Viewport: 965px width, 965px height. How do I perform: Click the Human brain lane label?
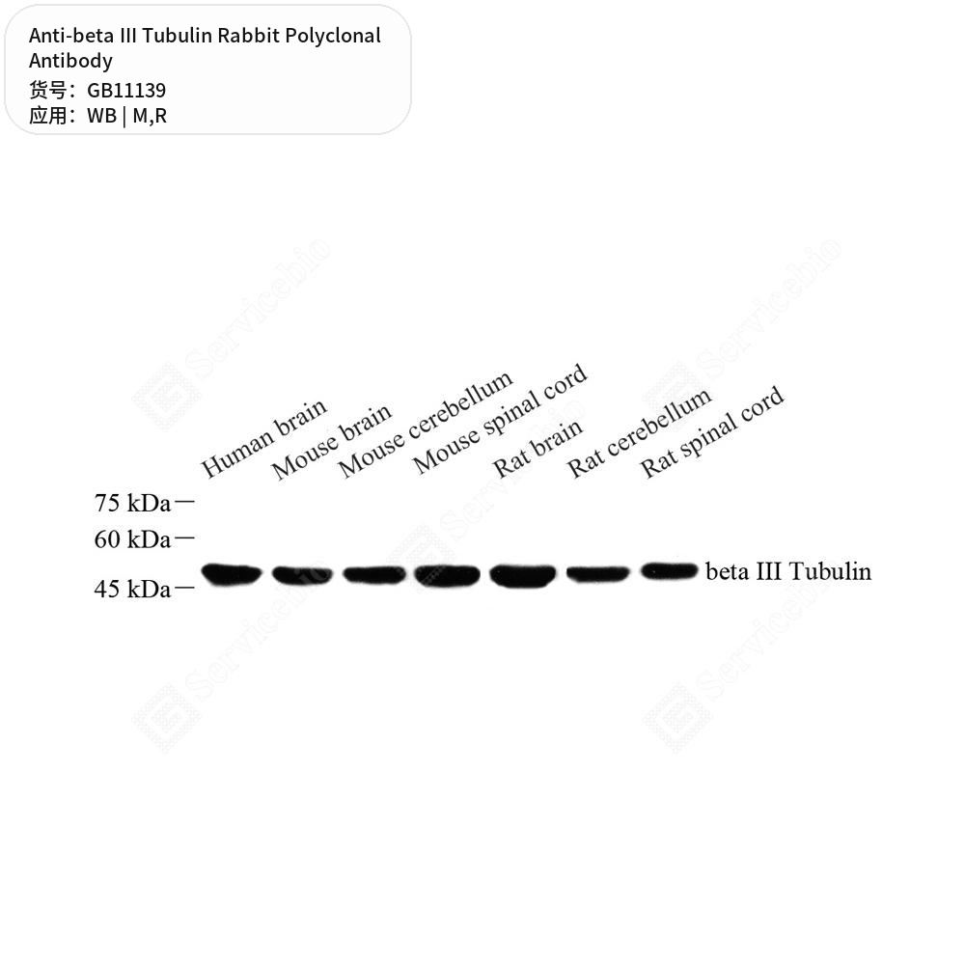point(263,437)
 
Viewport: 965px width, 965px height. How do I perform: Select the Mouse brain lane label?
point(331,441)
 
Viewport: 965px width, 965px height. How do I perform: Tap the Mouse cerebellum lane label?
point(426,424)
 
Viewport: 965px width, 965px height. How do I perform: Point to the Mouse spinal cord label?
point(500,419)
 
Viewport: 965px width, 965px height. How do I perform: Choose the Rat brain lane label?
point(538,448)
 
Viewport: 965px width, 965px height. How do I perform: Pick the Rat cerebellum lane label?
point(639,432)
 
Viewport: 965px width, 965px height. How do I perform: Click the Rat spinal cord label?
point(712,431)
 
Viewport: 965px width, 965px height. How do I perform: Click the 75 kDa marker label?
point(132,503)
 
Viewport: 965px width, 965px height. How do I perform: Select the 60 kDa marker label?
point(132,539)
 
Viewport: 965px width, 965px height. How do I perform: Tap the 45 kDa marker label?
point(132,589)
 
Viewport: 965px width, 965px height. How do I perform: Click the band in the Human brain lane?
point(232,574)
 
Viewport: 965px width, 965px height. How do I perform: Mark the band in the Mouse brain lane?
point(302,575)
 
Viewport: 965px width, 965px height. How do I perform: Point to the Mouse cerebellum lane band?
point(374,575)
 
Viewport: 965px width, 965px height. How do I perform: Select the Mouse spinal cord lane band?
point(447,576)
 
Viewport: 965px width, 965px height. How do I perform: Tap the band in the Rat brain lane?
point(522,576)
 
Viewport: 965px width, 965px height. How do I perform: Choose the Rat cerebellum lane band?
point(597,574)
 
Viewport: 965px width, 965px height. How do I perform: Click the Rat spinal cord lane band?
point(669,571)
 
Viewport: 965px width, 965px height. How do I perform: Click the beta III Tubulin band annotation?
point(788,571)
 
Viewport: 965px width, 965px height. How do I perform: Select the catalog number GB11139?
point(126,91)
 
